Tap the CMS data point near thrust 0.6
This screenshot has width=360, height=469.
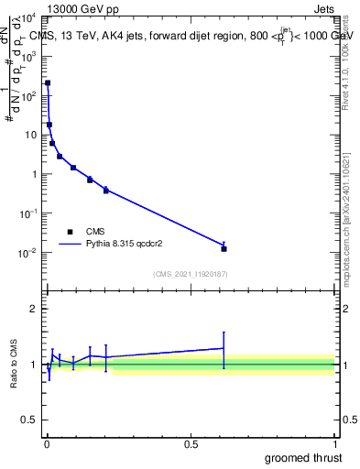click(224, 248)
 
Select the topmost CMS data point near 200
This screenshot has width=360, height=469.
click(48, 83)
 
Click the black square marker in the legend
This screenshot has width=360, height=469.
click(70, 232)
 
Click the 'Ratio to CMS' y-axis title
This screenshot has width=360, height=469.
click(14, 365)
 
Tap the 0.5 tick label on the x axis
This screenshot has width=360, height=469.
click(191, 443)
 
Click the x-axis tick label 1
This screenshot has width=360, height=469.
click(334, 443)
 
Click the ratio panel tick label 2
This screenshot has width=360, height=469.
click(34, 309)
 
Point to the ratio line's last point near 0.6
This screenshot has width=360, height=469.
click(224, 348)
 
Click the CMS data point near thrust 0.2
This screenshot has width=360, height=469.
click(106, 190)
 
